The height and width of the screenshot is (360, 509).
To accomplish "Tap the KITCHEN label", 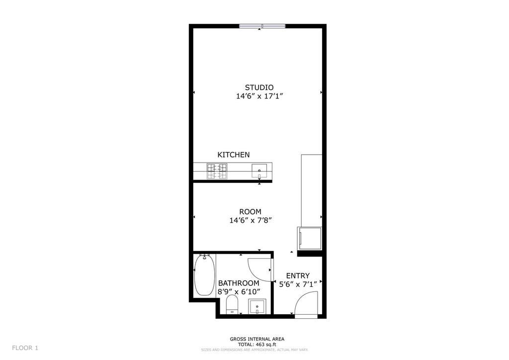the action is (x=234, y=155).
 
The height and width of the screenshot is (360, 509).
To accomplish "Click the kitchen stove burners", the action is (x=217, y=172).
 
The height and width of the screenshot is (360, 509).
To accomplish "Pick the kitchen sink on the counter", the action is (x=259, y=171).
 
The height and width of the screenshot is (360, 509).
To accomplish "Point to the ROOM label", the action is (x=251, y=212).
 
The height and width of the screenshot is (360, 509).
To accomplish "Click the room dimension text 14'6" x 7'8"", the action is (x=251, y=220).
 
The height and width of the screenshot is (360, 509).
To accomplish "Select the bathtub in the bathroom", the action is (x=204, y=275).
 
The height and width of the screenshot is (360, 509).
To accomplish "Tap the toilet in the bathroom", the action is (x=232, y=304).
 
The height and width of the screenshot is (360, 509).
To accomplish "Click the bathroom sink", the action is (x=257, y=306).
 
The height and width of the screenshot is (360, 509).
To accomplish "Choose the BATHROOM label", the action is (x=239, y=283).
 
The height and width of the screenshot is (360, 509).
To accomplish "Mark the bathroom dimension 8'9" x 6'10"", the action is (x=239, y=292).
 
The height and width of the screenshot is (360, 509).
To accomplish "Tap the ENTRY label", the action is (x=298, y=276).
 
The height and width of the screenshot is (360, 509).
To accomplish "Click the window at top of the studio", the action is (x=262, y=26).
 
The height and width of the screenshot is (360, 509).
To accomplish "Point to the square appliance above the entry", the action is (x=310, y=239).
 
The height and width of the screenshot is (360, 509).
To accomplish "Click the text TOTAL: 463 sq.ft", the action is (x=257, y=345).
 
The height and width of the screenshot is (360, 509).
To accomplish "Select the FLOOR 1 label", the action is (x=25, y=348).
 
